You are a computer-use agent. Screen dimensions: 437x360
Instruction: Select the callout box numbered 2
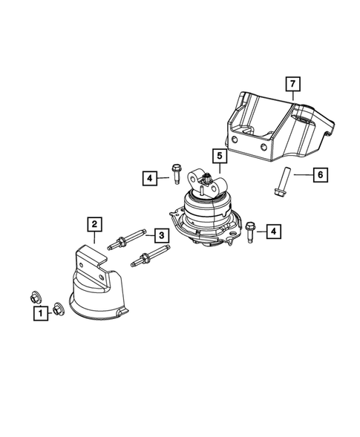point(94,223)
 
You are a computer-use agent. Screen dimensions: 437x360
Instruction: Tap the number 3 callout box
point(160,236)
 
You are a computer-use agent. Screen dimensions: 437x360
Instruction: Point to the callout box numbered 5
point(220,156)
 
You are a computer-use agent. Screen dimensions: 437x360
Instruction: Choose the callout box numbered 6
point(319,174)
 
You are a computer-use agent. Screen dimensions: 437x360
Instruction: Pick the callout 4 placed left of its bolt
point(150,178)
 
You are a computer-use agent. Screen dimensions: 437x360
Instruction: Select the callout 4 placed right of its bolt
point(274,232)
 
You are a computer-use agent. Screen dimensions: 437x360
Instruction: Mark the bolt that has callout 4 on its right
point(249,230)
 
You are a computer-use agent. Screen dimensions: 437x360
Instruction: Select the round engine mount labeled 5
point(212,215)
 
